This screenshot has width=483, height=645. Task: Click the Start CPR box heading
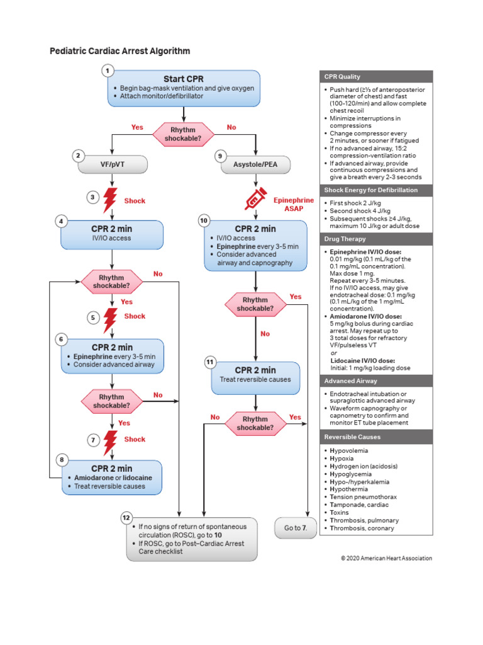[183, 79]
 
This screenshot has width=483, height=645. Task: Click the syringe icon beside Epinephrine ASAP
[256, 200]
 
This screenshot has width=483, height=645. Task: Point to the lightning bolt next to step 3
[111, 201]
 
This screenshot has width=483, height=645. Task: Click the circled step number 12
[126, 518]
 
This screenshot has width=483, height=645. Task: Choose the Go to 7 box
[292, 528]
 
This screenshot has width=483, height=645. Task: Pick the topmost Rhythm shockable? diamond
[183, 133]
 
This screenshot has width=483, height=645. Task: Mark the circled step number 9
[219, 155]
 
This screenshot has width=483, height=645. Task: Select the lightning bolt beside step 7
[111, 439]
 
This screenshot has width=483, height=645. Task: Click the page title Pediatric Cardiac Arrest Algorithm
[119, 51]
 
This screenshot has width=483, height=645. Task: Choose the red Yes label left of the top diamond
[137, 127]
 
